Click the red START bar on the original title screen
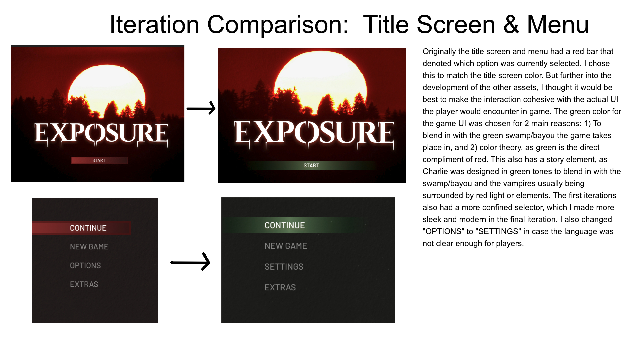tap(99, 160)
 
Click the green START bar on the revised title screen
tap(311, 165)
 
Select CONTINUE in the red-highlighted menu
tap(88, 228)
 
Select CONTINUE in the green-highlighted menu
tap(285, 225)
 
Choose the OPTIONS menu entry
tap(85, 266)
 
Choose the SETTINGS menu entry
tap(284, 267)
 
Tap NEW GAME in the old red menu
tap(89, 247)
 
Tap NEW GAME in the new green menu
tap(286, 246)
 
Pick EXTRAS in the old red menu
tap(84, 284)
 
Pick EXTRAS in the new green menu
tap(280, 287)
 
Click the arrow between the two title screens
tap(201, 108)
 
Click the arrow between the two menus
tap(190, 262)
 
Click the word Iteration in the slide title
tap(154, 25)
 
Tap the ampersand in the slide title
tap(511, 25)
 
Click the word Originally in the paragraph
tap(439, 52)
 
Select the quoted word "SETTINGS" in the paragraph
tap(500, 231)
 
